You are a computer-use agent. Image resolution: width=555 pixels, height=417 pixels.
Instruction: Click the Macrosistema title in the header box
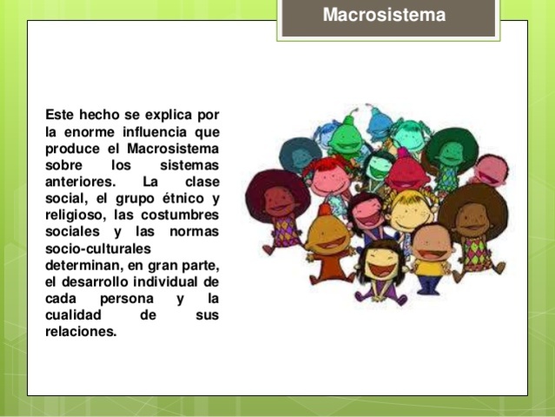click(384, 16)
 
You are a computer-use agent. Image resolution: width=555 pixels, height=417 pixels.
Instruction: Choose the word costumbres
click(182, 215)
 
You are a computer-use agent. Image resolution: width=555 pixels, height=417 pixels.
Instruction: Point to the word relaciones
click(81, 331)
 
